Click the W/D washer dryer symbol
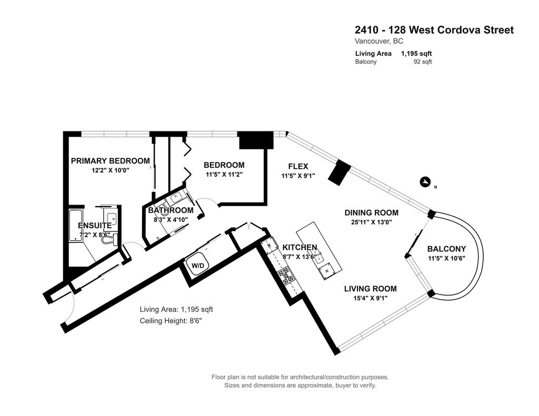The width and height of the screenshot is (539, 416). coord(198,265)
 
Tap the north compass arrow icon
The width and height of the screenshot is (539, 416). coord(425,182)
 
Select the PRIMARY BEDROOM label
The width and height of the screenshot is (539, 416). coord(111,161)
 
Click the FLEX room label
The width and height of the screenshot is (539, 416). coord(298,166)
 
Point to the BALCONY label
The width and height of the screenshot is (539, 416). coord(446,249)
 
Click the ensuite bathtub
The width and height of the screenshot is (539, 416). coord(76,225)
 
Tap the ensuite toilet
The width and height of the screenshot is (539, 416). coord(110,238)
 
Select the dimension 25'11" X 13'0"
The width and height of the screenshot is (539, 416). coord(371,222)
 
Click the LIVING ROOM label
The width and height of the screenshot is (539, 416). coord(371,289)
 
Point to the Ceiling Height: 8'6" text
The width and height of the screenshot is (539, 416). coord(171,321)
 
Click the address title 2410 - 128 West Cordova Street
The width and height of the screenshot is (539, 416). coord(434,30)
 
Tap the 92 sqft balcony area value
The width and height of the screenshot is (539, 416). coord(423,62)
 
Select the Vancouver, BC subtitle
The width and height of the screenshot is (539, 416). coord(379,41)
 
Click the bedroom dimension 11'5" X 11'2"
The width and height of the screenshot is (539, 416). coord(224,175)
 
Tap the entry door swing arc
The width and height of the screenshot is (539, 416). coord(69,309)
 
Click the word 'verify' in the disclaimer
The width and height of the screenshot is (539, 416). coord(368,385)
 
